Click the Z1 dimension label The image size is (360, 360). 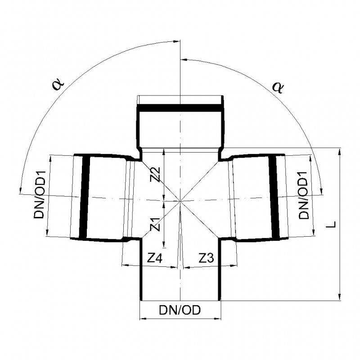154,224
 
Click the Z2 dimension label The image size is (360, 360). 154,174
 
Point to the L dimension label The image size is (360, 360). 332,224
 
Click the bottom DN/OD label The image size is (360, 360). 180,310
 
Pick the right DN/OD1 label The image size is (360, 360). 304,195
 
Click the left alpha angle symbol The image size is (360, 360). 58,84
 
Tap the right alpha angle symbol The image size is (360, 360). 279,87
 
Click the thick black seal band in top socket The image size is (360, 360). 180,108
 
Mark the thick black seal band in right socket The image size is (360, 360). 274,197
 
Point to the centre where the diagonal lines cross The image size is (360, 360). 180,201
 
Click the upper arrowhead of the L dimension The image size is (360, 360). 339,150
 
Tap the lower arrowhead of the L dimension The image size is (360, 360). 339,297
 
